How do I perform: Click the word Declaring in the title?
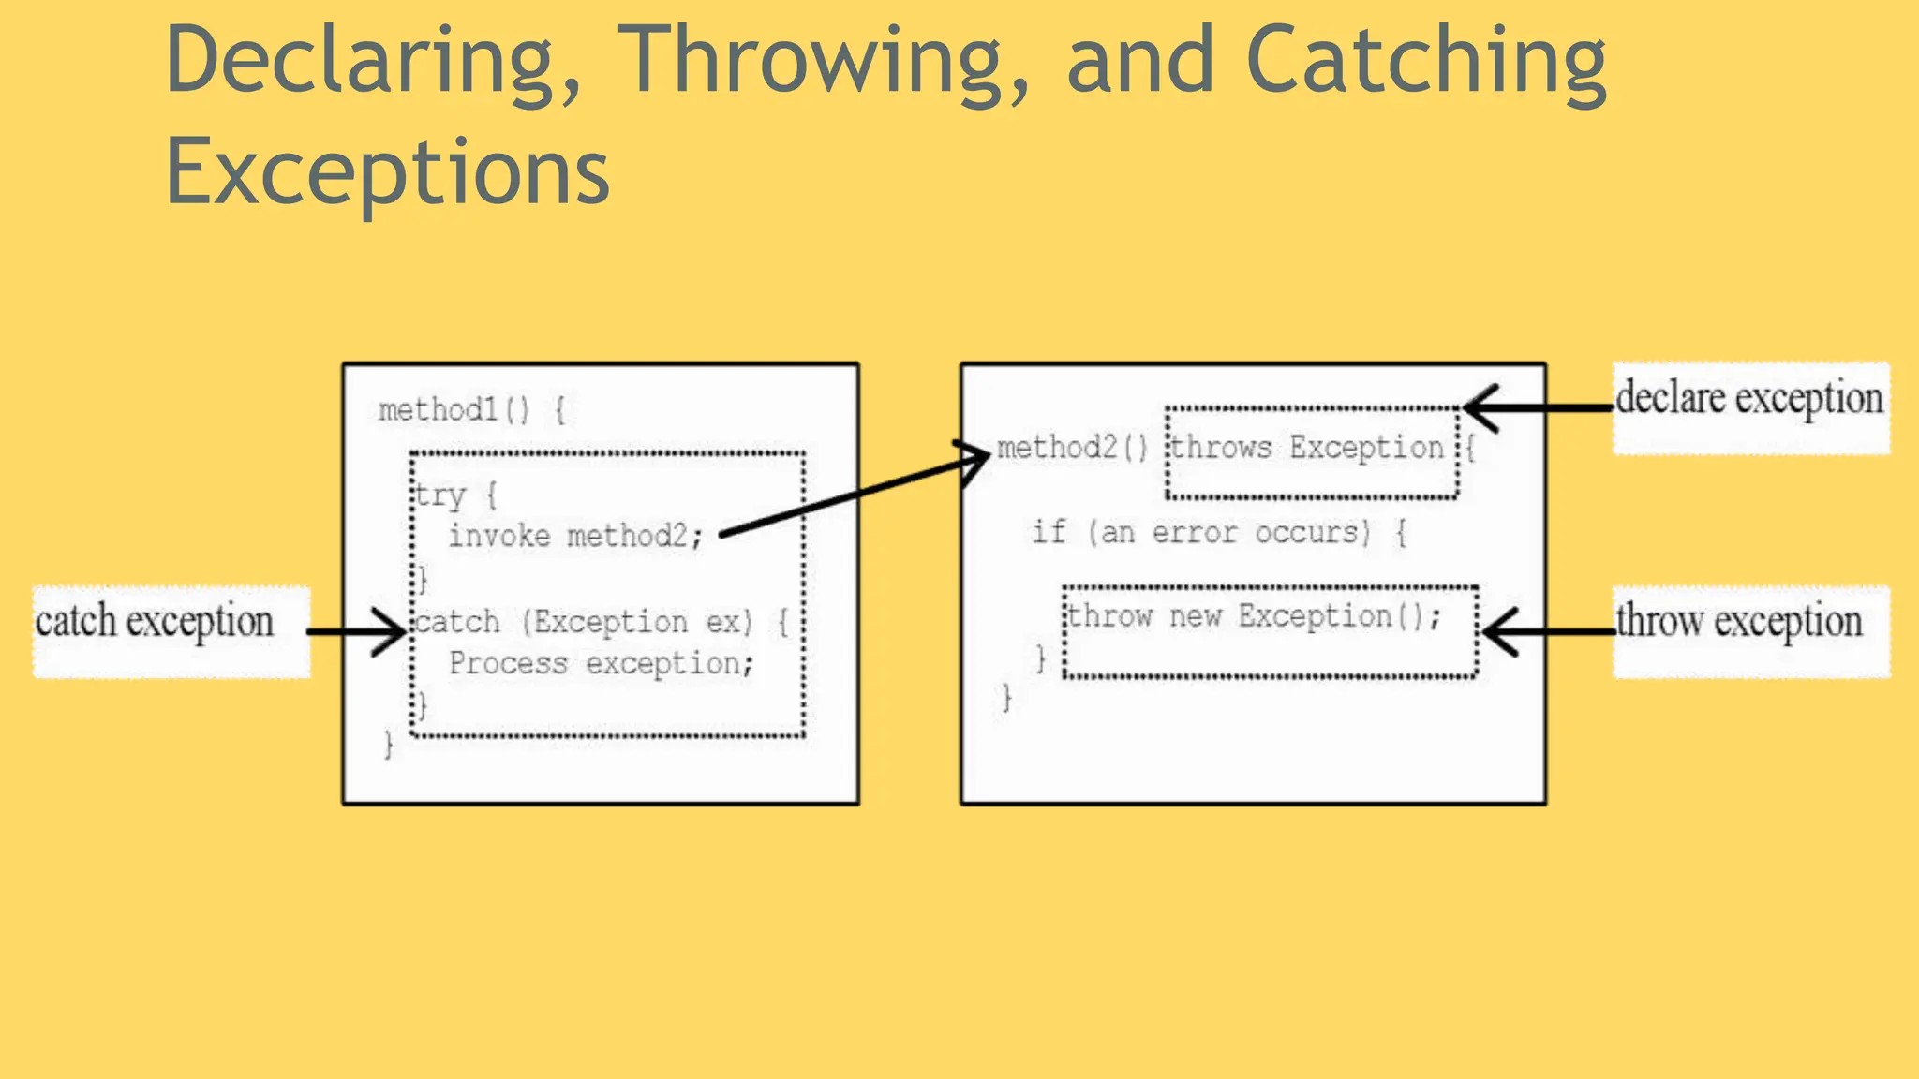point(373,62)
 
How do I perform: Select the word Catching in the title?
point(1426,62)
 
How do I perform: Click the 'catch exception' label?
point(156,622)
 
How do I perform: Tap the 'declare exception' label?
point(1748,399)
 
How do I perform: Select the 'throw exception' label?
point(1739,621)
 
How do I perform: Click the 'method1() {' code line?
point(471,410)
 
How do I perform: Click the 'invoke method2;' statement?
point(575,536)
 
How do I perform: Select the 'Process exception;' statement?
point(601,664)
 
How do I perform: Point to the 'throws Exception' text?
point(1308,448)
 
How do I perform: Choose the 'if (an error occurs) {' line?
point(1219,533)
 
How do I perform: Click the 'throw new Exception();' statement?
point(1254,616)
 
